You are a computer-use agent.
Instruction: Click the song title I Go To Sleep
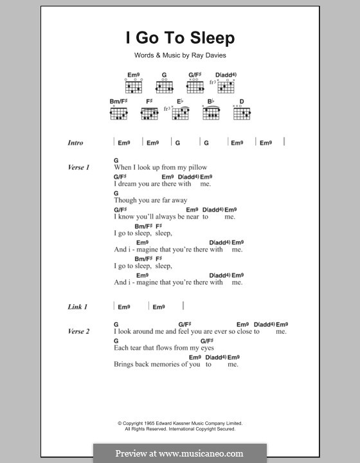[x=180, y=38]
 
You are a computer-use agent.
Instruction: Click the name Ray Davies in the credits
[x=208, y=56]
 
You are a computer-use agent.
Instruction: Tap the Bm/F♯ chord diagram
[x=118, y=113]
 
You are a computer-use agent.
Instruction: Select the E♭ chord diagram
[x=183, y=113]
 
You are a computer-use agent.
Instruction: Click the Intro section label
[x=75, y=143]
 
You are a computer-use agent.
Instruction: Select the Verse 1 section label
[x=78, y=167]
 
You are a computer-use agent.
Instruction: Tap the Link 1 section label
[x=77, y=307]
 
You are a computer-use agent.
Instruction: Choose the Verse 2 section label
[x=78, y=331]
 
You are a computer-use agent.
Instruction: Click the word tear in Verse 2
[x=138, y=348]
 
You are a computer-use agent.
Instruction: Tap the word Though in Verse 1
[x=125, y=200]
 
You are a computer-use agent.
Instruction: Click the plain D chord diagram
[x=241, y=113]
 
